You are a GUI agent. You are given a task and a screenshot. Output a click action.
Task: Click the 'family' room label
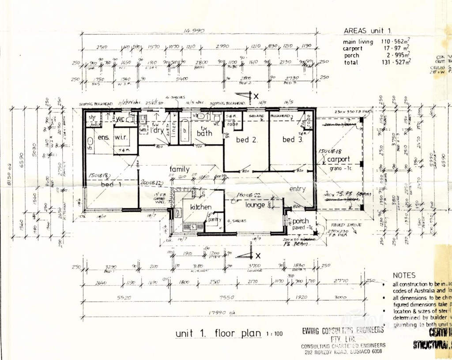pyautogui.click(x=180, y=169)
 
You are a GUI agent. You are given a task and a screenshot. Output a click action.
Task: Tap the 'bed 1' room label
pyautogui.click(x=111, y=184)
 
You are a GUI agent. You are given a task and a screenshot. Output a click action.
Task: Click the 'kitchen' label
pyautogui.click(x=201, y=207)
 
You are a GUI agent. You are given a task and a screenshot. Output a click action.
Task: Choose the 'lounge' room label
pyautogui.click(x=255, y=205)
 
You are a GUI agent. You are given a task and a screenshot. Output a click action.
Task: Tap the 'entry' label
pyautogui.click(x=298, y=189)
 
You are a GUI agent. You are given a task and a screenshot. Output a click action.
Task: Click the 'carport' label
pyautogui.click(x=339, y=159)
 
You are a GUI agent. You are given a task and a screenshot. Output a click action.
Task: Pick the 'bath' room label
pyautogui.click(x=205, y=133)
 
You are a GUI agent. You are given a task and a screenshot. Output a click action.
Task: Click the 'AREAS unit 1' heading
pyautogui.click(x=368, y=31)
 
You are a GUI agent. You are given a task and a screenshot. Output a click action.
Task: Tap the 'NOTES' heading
pyautogui.click(x=404, y=275)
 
